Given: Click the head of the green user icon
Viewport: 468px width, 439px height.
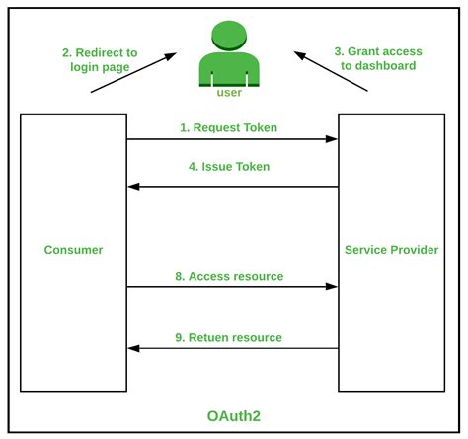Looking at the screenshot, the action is [229, 36].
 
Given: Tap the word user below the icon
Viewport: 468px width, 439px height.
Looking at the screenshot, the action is [229, 93].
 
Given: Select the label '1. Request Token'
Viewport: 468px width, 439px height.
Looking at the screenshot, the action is [229, 127].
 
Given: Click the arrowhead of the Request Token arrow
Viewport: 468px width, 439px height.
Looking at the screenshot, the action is [332, 139].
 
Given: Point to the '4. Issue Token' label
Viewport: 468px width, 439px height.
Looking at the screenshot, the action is [229, 167].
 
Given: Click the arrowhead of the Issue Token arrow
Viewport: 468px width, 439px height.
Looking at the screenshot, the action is [133, 187].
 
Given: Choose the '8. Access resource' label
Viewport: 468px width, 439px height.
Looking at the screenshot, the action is [229, 276].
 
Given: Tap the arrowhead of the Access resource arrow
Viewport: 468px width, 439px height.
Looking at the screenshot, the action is [332, 287].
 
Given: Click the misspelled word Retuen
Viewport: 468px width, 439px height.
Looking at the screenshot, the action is [209, 337].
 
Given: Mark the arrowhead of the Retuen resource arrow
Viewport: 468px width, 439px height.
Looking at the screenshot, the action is [133, 348].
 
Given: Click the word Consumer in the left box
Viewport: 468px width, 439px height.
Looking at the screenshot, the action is [73, 250].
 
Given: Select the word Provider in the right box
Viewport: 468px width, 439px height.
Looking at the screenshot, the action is [415, 250].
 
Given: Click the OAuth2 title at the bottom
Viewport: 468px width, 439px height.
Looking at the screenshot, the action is [234, 416].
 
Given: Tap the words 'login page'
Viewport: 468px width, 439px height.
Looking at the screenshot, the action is [100, 67].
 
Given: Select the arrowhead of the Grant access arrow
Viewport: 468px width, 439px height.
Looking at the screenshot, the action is [300, 55].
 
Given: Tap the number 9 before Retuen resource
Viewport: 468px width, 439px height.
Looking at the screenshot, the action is [178, 338].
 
